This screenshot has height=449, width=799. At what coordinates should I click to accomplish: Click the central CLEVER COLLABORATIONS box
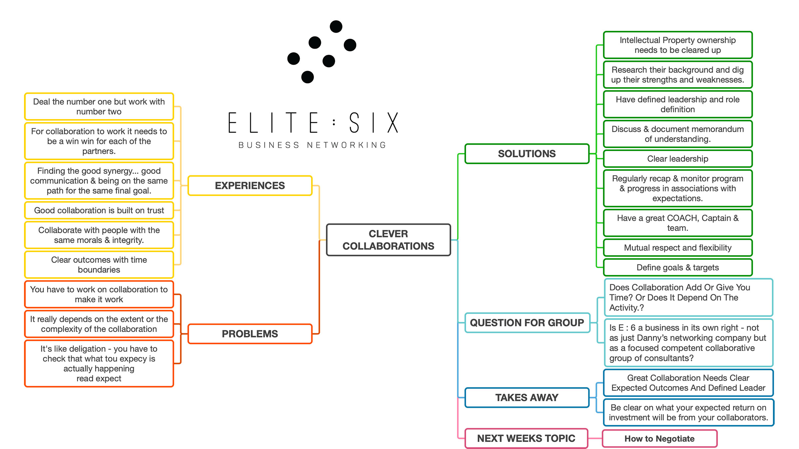[x=388, y=240]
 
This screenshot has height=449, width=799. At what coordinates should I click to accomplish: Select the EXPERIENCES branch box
[x=250, y=186]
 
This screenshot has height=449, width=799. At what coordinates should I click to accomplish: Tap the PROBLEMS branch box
[x=250, y=334]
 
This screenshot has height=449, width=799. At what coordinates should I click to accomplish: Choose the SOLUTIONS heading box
[x=527, y=154]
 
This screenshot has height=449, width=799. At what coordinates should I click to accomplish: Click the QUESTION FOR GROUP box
[x=527, y=323]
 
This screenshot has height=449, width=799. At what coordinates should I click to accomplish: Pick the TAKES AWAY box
[x=527, y=397]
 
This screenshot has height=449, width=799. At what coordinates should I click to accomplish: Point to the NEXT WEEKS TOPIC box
[x=526, y=438]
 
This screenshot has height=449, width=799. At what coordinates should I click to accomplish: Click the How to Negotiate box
[x=659, y=439]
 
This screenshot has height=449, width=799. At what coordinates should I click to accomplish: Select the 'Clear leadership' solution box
[x=677, y=159]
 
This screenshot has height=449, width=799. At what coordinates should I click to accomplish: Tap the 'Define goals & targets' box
[x=677, y=267]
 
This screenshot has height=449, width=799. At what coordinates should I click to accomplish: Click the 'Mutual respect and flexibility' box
[x=677, y=248]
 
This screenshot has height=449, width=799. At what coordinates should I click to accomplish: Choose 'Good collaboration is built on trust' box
[x=99, y=210]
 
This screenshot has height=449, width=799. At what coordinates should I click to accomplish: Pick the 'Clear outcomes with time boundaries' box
[x=99, y=265]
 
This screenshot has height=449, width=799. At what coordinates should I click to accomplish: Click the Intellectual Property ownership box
[x=677, y=45]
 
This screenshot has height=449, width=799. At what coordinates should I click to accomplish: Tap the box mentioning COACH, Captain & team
[x=677, y=223]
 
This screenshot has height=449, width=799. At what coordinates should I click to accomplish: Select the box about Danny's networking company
[x=688, y=343]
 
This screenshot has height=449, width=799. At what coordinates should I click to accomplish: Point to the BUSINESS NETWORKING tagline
[x=312, y=145]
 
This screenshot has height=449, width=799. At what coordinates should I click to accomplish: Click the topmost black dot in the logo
[x=336, y=27]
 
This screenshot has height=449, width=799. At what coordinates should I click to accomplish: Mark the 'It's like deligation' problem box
[x=99, y=363]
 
